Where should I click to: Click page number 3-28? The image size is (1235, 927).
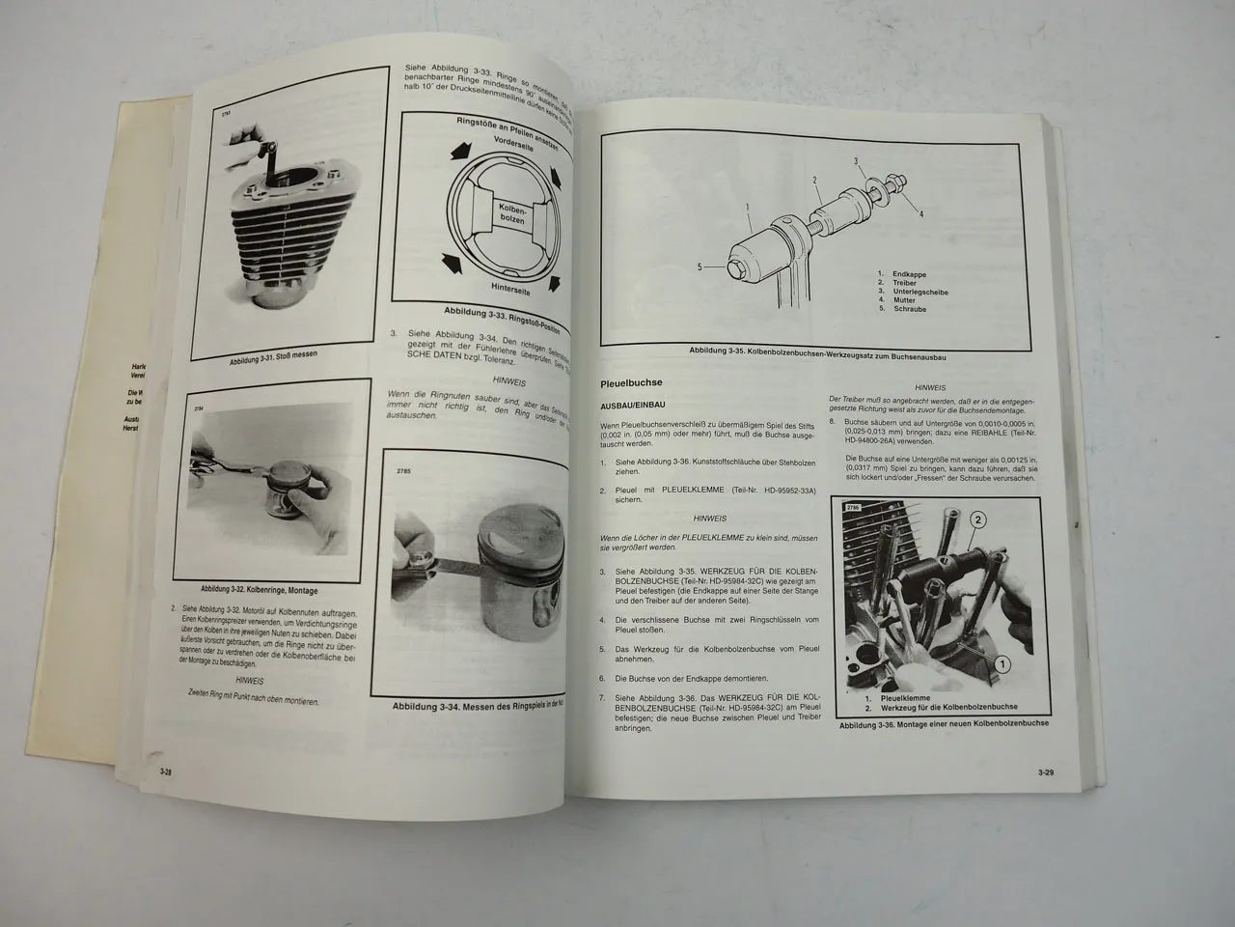tap(167, 771)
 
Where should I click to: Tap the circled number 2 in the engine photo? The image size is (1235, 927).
tap(977, 520)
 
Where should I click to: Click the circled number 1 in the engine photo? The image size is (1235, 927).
tap(1002, 663)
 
